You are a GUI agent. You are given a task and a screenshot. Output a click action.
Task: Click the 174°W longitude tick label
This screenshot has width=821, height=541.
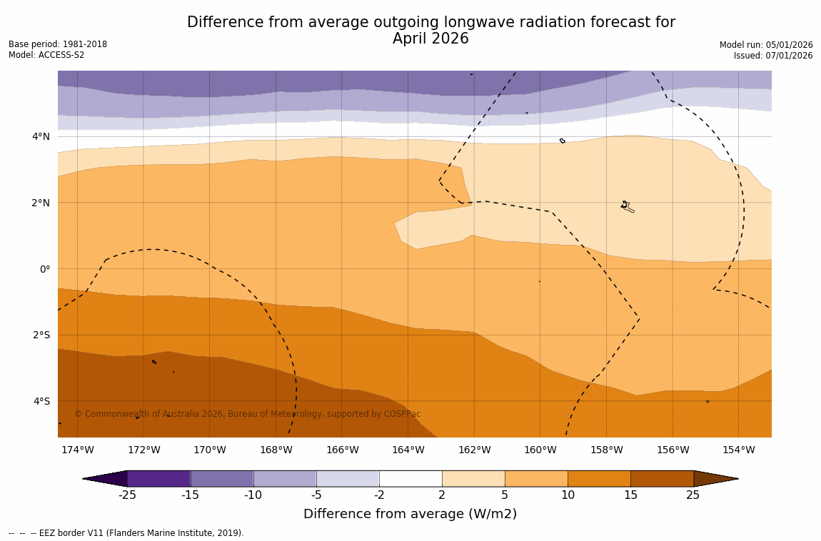(77, 450)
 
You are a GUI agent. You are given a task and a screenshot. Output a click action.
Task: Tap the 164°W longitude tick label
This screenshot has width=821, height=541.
(408, 450)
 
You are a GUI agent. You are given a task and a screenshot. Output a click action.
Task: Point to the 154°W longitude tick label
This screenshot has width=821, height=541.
(738, 450)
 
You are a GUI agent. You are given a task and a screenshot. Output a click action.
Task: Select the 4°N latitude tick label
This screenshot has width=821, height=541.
(41, 136)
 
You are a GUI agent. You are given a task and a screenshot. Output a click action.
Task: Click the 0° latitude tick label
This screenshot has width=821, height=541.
(44, 269)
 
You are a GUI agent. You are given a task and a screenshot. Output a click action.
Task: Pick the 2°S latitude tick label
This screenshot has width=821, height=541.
(41, 335)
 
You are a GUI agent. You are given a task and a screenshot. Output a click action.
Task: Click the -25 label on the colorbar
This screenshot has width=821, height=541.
(127, 495)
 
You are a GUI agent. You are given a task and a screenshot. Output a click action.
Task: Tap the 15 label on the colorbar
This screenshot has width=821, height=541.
(630, 495)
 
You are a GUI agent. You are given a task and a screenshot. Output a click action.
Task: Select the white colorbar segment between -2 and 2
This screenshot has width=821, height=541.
(410, 478)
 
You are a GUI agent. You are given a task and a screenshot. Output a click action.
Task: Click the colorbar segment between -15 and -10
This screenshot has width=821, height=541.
(221, 478)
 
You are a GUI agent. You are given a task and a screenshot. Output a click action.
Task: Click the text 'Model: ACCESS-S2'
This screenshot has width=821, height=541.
(46, 55)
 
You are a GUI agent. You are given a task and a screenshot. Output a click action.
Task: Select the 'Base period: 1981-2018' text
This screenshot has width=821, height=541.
(58, 44)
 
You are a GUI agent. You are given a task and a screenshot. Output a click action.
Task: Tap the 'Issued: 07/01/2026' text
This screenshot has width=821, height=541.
(773, 56)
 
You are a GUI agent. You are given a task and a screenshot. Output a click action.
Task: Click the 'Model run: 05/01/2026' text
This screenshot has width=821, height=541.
(766, 45)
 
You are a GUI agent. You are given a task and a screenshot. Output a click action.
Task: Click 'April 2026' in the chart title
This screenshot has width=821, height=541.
(430, 39)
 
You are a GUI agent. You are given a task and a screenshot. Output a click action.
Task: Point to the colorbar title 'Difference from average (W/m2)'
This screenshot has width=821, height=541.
(410, 514)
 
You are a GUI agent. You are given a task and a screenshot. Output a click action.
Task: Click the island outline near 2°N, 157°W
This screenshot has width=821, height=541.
(627, 207)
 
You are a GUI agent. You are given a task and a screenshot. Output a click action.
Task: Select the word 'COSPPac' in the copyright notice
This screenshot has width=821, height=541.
(403, 414)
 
